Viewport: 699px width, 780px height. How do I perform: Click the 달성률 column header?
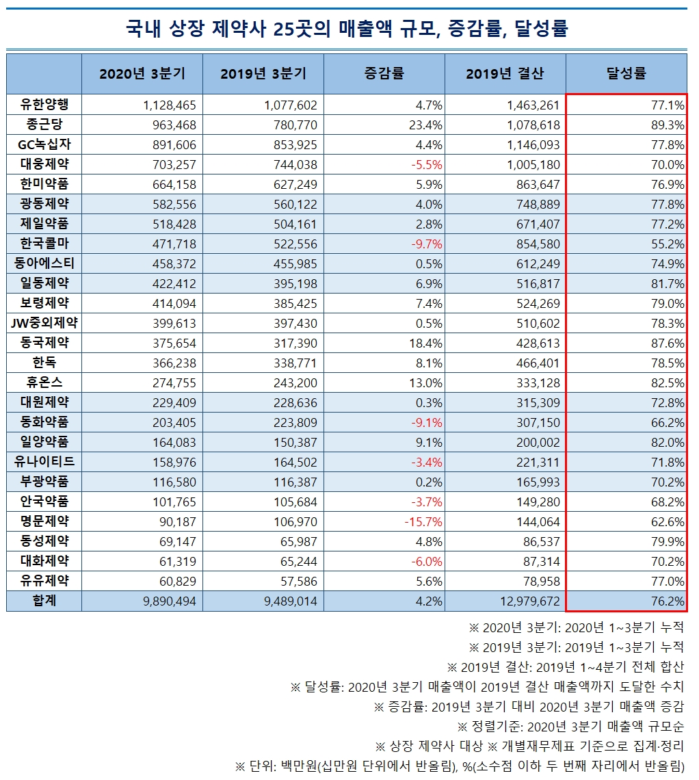(626, 74)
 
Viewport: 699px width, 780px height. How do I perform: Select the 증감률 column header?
(384, 74)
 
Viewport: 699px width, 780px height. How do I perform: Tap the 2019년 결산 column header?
(505, 74)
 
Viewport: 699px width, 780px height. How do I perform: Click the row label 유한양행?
(44, 105)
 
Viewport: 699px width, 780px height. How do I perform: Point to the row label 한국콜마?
(44, 244)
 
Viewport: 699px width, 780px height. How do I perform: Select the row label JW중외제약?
(44, 323)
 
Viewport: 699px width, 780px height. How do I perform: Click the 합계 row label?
(44, 601)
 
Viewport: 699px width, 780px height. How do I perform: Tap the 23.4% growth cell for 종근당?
(425, 125)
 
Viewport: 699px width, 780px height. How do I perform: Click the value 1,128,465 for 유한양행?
(170, 105)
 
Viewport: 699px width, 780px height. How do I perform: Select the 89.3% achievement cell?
(668, 125)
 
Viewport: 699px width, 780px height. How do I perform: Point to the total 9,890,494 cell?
(170, 601)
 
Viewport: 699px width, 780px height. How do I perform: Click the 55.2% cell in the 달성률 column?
(668, 244)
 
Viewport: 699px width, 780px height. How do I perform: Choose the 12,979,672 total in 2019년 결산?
(530, 601)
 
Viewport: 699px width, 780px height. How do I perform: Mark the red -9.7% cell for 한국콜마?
(427, 244)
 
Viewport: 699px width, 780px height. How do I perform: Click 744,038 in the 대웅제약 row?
(295, 165)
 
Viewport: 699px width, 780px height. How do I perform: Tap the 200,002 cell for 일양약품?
(538, 442)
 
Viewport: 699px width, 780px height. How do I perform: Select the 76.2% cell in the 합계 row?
(668, 601)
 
